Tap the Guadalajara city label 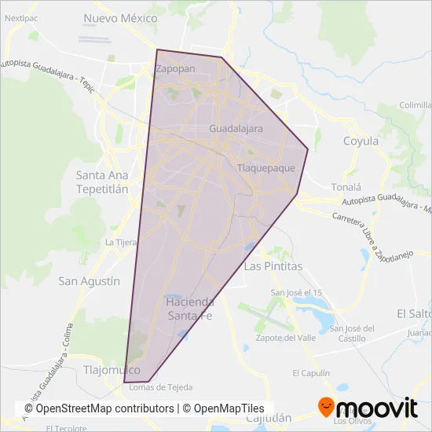tap(236, 128)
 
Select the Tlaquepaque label tap(265, 168)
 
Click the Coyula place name tap(361, 141)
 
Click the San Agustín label tap(90, 280)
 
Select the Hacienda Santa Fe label tap(189, 309)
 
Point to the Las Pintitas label tap(273, 267)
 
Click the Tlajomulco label tap(111, 369)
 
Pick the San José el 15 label tap(296, 293)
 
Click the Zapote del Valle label tap(286, 338)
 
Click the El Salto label tap(413, 313)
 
